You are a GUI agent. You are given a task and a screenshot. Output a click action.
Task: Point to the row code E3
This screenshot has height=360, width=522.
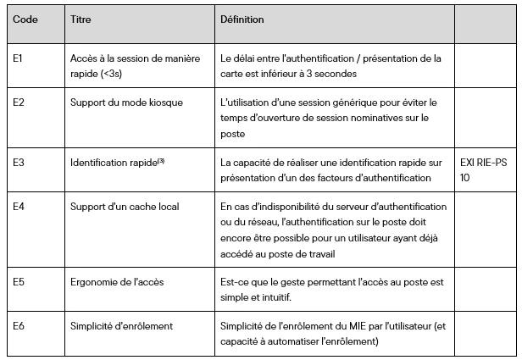19,158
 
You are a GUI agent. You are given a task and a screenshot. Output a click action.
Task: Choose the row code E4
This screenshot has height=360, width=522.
19,207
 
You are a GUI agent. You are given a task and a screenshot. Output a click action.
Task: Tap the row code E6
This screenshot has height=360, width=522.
19,325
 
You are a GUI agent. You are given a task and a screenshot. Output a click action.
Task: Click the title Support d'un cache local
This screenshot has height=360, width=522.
124,207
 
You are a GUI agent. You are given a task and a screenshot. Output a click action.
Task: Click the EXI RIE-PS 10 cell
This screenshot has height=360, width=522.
486,165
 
